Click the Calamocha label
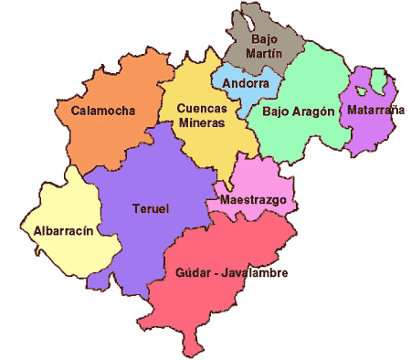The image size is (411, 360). click(x=102, y=111)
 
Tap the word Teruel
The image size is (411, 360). click(x=151, y=207)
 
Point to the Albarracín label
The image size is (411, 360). click(x=64, y=230)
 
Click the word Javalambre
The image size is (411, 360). click(x=248, y=273)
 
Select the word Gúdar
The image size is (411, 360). click(x=185, y=273)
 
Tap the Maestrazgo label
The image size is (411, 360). click(x=254, y=199)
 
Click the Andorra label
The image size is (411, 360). click(x=246, y=83)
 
